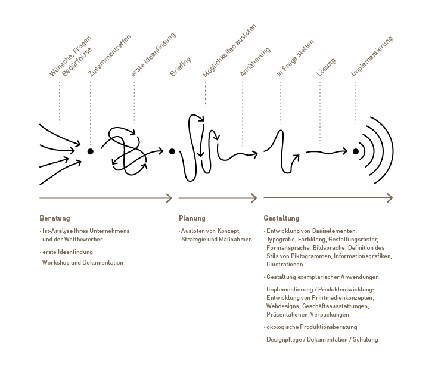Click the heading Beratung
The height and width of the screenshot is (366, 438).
[x=55, y=218]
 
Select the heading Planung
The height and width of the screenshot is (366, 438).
[x=192, y=218]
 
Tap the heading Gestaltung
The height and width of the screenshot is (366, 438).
[x=281, y=218]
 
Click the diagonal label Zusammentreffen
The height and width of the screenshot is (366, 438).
[x=110, y=55]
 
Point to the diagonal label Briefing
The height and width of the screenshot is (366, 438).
[x=181, y=67]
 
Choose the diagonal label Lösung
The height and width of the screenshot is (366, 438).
[x=326, y=67]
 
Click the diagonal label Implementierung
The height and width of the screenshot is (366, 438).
[x=372, y=56]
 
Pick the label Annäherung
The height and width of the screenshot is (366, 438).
[x=255, y=62]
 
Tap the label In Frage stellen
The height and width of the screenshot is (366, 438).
[x=295, y=58]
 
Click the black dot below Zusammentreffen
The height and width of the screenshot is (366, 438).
[x=90, y=151]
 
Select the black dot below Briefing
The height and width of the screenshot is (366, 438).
[x=172, y=151]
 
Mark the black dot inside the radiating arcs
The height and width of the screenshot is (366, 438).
[x=356, y=151]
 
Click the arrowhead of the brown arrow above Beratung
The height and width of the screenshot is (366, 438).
[x=170, y=198]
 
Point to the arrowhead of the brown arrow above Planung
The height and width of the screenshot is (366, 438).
[x=254, y=198]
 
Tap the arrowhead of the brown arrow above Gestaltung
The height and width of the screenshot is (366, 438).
[x=390, y=198]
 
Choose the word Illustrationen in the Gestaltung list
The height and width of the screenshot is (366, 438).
[x=285, y=264]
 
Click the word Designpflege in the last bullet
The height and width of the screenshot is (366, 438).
[x=285, y=340]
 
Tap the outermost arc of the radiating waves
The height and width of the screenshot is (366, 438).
[x=393, y=151]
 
